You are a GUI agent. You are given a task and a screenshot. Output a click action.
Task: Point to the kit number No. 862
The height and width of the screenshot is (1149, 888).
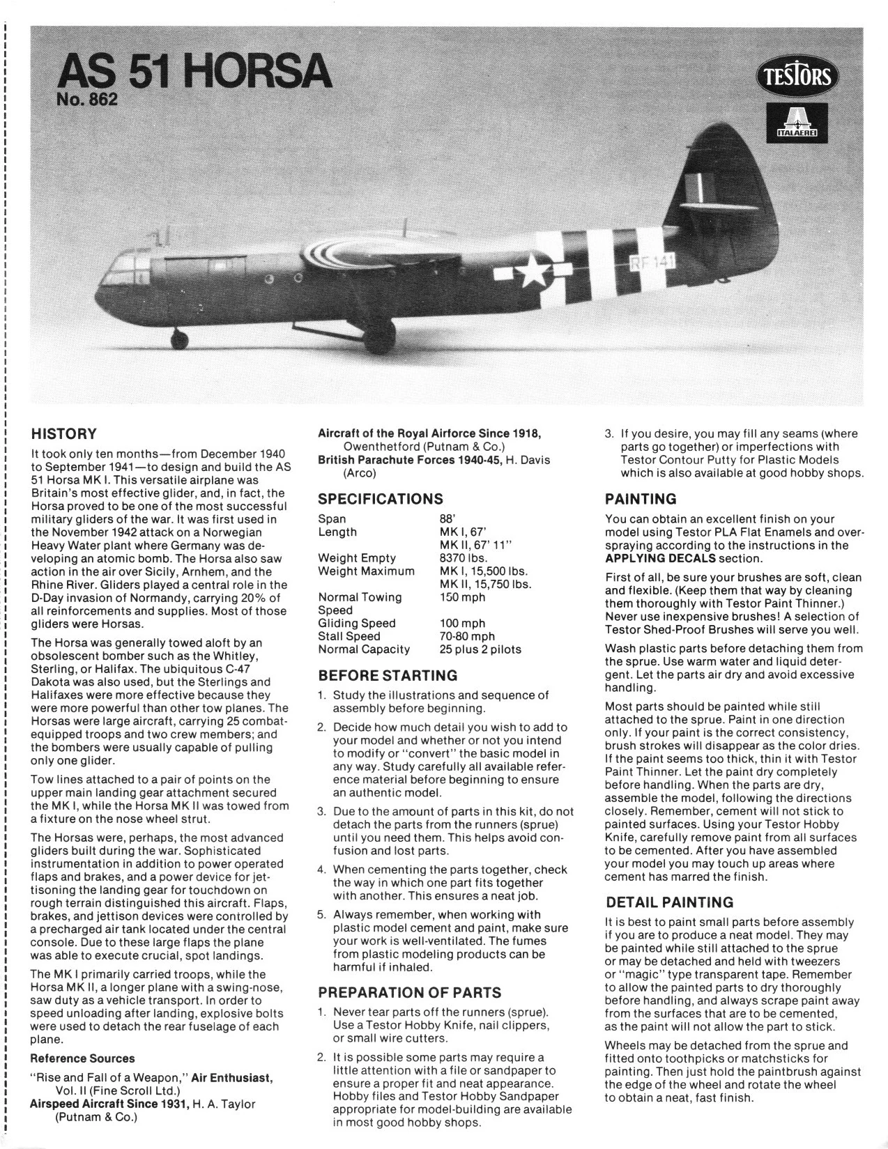click(87, 100)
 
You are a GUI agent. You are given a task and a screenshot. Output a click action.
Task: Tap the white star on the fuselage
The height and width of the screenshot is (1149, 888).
click(535, 271)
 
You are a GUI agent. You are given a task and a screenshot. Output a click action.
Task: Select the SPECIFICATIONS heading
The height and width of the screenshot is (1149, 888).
click(380, 499)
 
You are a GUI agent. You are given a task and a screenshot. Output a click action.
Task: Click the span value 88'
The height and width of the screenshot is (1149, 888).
click(447, 519)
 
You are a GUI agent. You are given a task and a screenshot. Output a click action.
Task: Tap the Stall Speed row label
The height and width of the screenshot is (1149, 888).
click(349, 636)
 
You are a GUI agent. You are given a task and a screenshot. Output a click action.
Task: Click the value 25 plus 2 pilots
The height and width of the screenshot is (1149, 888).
click(480, 649)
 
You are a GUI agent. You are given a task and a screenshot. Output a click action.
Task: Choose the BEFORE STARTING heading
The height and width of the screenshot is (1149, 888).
click(388, 675)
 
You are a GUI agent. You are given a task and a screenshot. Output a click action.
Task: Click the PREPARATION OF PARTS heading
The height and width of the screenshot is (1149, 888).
click(409, 992)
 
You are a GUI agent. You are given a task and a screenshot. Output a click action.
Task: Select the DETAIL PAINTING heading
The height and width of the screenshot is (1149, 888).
click(669, 902)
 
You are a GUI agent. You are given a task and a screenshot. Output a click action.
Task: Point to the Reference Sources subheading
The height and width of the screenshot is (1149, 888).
click(83, 1058)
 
